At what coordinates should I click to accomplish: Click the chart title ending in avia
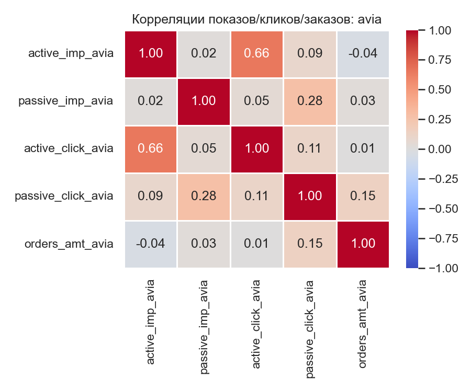click(256, 19)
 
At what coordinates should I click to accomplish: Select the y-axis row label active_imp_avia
click(71, 53)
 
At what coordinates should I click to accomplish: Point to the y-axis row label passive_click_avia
click(64, 197)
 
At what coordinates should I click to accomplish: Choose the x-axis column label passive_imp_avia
click(204, 326)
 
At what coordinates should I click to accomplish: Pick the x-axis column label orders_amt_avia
click(363, 323)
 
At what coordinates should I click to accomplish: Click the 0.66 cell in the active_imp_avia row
click(256, 53)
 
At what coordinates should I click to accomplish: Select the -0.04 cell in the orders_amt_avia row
click(151, 244)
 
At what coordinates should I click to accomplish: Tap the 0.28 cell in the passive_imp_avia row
click(310, 101)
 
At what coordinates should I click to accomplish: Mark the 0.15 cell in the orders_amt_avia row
click(310, 244)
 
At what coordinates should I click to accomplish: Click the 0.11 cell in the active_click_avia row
click(310, 148)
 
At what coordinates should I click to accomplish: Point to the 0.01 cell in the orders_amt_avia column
click(363, 148)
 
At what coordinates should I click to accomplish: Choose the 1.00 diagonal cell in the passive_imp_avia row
click(204, 101)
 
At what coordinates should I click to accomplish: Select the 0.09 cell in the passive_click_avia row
click(151, 197)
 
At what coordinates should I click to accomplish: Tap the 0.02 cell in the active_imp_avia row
click(204, 53)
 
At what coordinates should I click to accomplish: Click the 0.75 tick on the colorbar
click(440, 60)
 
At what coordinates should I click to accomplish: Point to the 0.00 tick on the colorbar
click(440, 149)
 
